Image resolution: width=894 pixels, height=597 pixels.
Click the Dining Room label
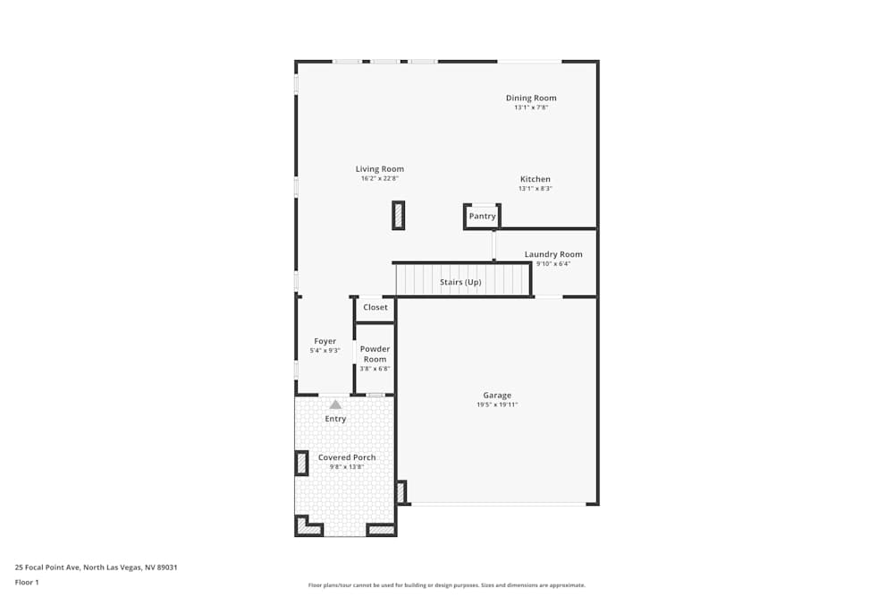point(531,98)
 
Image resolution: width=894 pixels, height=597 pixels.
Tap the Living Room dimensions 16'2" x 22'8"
point(379,179)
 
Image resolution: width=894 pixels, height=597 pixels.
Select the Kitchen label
point(536,179)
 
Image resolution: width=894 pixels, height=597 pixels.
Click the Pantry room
point(482,217)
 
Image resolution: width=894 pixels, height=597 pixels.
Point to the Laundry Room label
point(552,254)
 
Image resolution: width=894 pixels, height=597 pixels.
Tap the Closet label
point(375,308)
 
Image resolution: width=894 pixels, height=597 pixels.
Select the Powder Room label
point(375,354)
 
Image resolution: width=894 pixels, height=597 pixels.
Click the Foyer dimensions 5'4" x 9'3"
point(325,351)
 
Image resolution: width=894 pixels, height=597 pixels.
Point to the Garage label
point(497,395)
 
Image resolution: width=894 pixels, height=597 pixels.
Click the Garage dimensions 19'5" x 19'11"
point(497,405)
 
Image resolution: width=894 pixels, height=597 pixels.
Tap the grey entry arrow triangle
point(335,405)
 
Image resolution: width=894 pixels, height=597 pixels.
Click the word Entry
point(335,419)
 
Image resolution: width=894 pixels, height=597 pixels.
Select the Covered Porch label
point(347,457)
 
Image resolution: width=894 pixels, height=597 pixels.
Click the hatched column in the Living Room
point(399,216)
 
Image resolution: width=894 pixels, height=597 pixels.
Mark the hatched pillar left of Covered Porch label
point(301,463)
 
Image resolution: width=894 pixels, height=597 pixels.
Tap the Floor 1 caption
point(27,582)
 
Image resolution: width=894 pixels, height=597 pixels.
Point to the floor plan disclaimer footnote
point(447,585)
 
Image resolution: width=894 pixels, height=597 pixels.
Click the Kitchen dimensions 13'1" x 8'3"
point(536,189)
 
